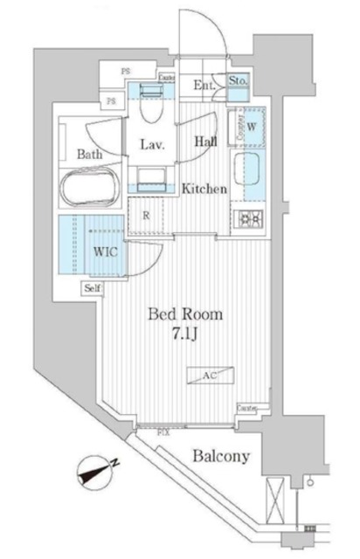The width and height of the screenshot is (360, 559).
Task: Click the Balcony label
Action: tap(221, 456)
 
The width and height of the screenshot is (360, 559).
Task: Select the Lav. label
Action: tap(154, 145)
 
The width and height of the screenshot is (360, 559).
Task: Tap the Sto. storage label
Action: tap(239, 82)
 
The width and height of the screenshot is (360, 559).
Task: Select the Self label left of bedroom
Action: tap(92, 288)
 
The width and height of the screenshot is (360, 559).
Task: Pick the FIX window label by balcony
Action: tap(163, 430)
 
